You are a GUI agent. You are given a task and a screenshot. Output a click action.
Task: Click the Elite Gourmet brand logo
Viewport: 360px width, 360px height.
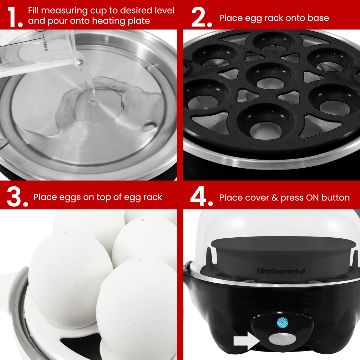click(x=281, y=271)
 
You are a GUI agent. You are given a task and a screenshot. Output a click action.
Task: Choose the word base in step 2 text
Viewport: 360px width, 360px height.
click(x=318, y=18)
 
